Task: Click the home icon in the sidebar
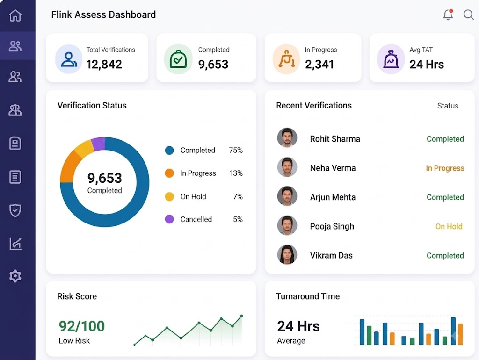15,15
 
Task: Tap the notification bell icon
448,14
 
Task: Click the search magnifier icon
468,14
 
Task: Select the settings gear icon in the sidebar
15,276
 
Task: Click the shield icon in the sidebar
15,210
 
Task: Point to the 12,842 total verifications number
104,65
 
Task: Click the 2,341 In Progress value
319,65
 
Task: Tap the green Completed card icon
178,59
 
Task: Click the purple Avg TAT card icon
391,59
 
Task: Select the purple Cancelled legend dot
169,219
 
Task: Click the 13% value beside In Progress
236,173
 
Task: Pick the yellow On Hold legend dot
169,196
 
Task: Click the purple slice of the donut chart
98,144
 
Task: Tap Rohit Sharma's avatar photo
287,138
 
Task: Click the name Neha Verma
333,168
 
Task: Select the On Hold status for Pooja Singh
449,226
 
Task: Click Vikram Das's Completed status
445,256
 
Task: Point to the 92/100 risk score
81,326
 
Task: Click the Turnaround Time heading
308,296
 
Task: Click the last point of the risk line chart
242,316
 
